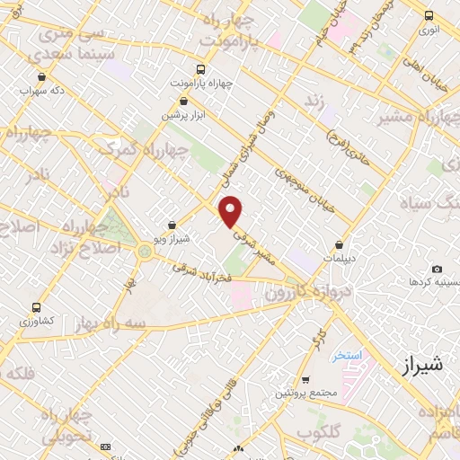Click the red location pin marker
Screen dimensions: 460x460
click(x=232, y=211)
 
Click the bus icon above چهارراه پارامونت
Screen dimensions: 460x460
click(x=200, y=69)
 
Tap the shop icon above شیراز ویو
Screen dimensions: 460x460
click(x=172, y=226)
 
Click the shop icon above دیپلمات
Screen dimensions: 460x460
click(x=340, y=243)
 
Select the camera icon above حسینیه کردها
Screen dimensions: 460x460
click(x=437, y=269)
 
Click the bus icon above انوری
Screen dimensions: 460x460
click(x=429, y=15)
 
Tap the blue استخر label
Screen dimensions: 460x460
click(x=346, y=356)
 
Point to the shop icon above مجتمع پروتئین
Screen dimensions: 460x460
click(x=306, y=379)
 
